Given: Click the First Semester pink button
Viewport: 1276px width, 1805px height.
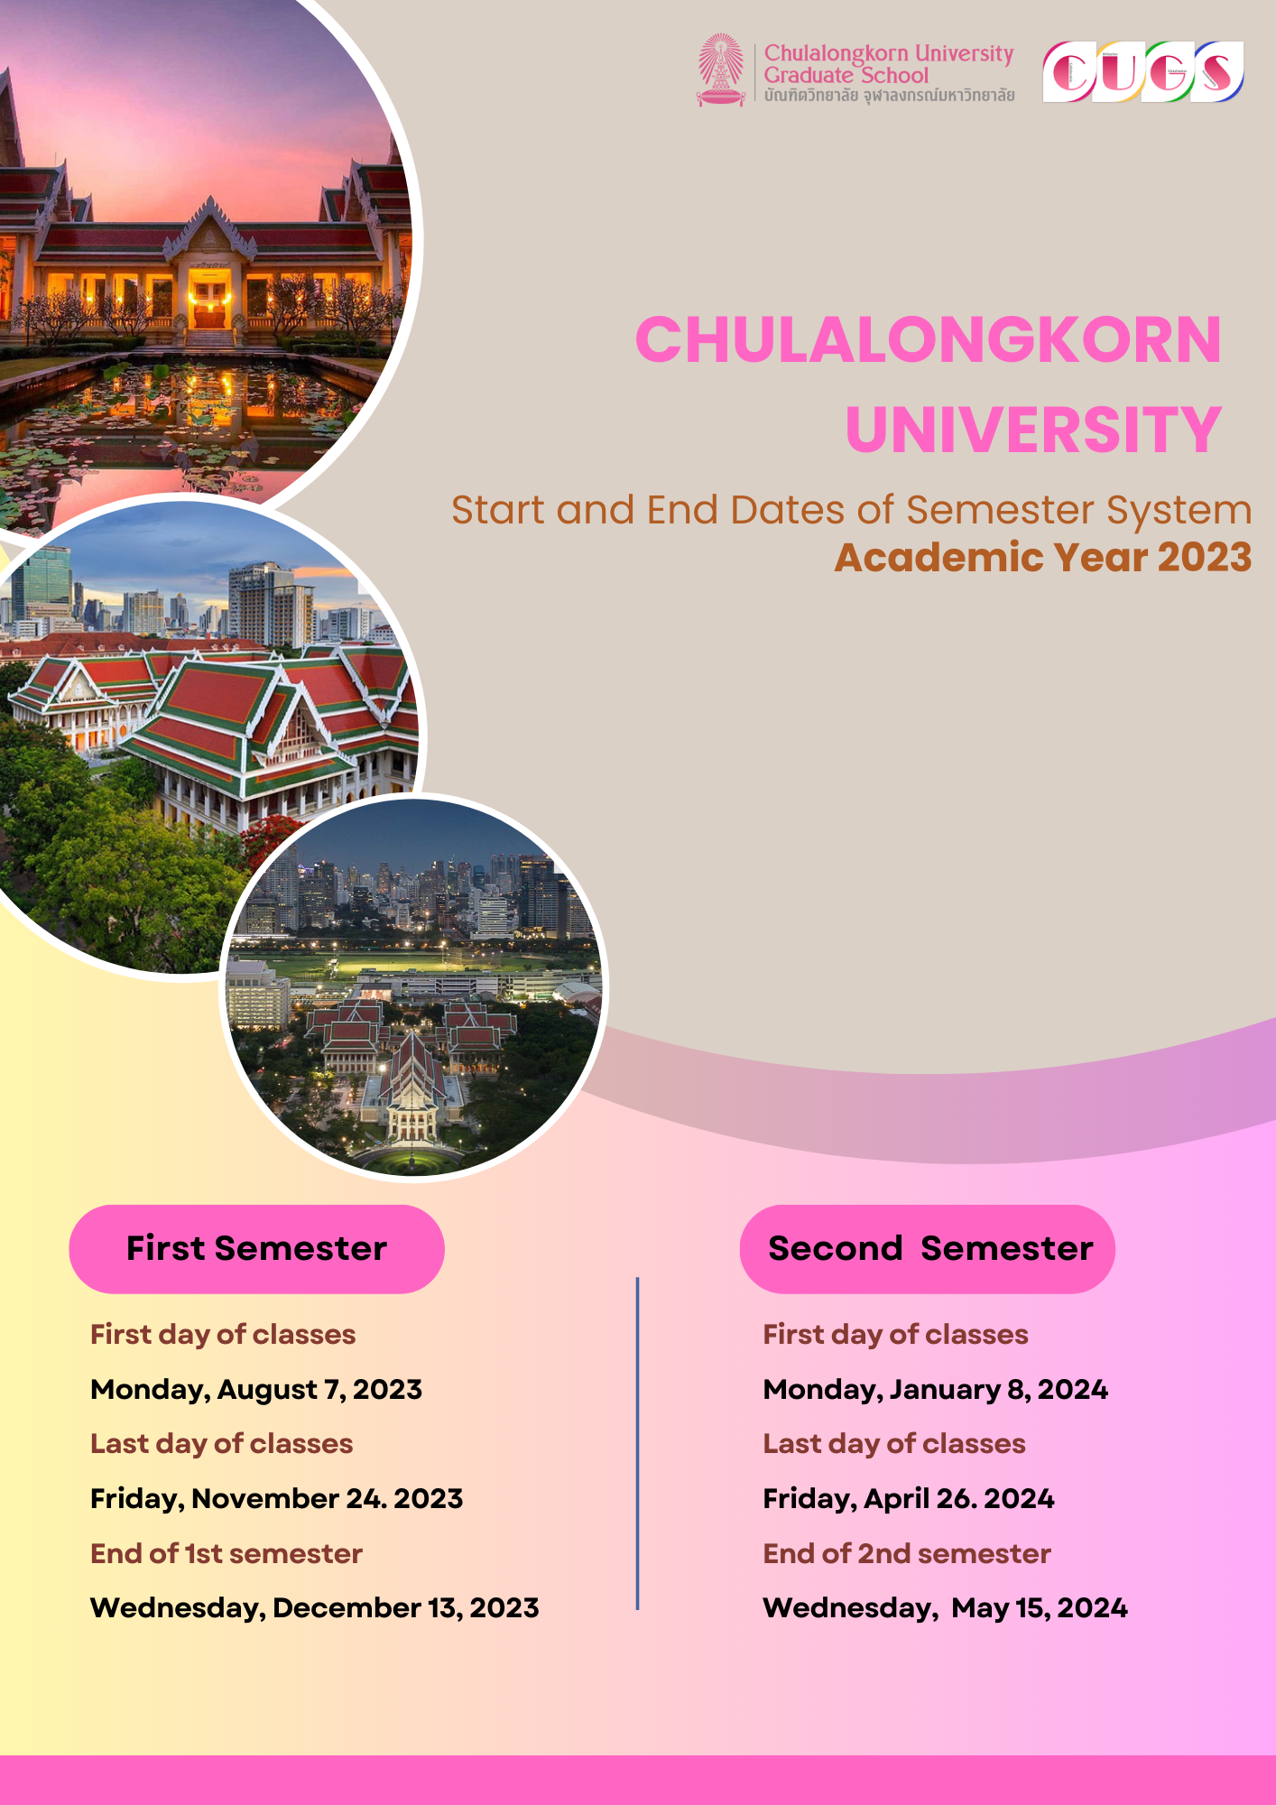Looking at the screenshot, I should pos(256,1249).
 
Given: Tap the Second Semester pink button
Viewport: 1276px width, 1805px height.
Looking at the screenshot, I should pos(928,1249).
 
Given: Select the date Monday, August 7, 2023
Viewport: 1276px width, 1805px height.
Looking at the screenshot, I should pos(256,1390).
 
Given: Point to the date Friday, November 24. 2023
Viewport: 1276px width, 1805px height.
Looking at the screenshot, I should pos(276,1499).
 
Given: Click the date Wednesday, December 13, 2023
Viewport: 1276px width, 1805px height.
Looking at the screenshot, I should pos(314,1608).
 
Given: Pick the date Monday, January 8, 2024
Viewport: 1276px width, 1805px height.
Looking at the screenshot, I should pos(935,1390).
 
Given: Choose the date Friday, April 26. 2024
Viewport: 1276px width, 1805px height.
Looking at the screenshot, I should pos(908,1499).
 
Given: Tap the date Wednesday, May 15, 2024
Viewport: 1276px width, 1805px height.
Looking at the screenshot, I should pos(945,1608).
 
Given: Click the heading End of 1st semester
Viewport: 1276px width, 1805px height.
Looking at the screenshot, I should pos(226,1553).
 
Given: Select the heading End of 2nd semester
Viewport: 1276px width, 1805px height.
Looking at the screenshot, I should pos(906,1553).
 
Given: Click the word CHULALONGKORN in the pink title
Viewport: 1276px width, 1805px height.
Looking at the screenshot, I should pos(928,340).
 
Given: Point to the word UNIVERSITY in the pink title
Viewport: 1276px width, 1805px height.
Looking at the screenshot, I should pos(1033,430).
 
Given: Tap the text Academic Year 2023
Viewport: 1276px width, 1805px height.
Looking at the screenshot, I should pos(1042,558).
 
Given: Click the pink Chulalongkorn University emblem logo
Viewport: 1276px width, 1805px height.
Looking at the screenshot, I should pos(720,69).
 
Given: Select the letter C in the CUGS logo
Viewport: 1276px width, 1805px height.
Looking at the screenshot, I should pos(1070,72).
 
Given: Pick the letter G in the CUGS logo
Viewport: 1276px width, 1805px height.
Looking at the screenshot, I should pos(1168,72).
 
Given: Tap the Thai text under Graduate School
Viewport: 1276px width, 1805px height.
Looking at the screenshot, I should pos(889,96).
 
